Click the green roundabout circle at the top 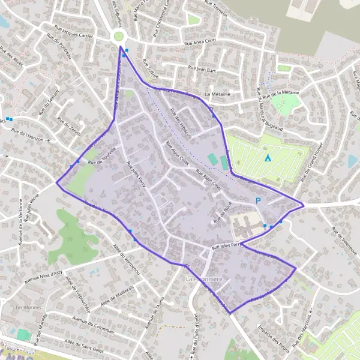119,37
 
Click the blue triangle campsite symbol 268,158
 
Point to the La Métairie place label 218,95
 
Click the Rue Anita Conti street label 200,43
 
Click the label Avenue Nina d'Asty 43,275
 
